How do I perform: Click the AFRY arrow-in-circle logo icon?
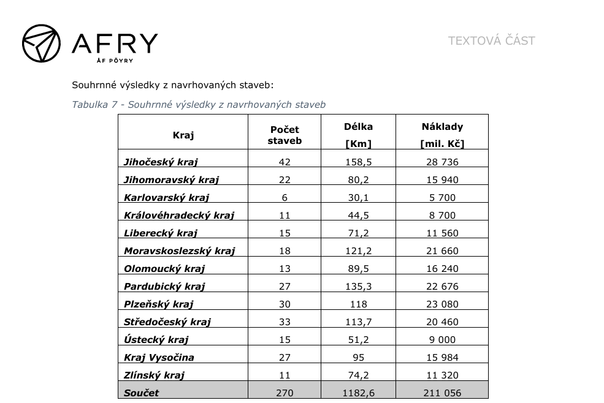click(41, 43)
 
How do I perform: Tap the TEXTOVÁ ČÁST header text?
click(491, 41)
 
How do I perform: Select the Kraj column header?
click(183, 136)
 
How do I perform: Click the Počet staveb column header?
click(285, 135)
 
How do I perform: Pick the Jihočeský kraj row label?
click(161, 162)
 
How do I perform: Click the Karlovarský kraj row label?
click(166, 198)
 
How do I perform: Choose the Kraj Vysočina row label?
click(159, 358)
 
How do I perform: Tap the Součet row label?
click(141, 393)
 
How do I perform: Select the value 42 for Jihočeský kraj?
click(285, 162)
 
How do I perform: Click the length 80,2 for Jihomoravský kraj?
click(359, 180)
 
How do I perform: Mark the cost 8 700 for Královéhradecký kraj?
click(442, 216)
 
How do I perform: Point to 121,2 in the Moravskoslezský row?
click(359, 251)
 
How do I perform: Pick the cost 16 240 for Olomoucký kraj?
click(442, 269)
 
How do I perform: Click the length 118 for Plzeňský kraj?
click(359, 304)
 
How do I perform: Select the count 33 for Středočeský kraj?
click(285, 322)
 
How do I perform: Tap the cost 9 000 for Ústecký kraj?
click(442, 340)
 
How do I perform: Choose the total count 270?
click(285, 393)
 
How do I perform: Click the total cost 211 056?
click(442, 393)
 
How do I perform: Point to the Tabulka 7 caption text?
click(199, 105)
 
